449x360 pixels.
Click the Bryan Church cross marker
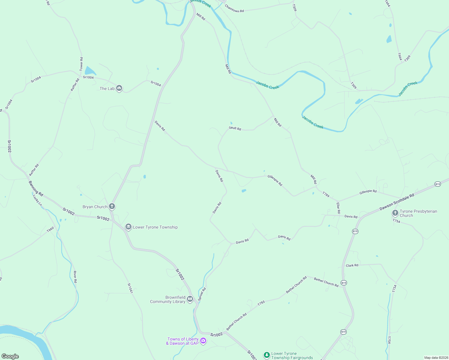point(112,206)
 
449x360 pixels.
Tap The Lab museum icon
point(119,88)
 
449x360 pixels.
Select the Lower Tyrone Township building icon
point(128,227)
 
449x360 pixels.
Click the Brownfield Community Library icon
point(190,299)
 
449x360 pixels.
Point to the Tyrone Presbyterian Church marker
point(395,213)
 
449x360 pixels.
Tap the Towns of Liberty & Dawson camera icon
point(203,340)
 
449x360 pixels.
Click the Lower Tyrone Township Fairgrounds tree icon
point(266,355)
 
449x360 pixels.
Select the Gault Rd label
point(235,128)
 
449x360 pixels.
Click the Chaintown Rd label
point(234,9)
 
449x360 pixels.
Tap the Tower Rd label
point(81,64)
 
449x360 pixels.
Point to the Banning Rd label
point(36,188)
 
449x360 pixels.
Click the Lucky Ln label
point(38,200)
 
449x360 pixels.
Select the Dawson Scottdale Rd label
point(397,202)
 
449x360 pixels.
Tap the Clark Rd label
point(352,265)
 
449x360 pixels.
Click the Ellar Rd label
point(338,208)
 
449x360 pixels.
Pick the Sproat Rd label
point(202,294)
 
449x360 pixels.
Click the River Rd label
point(75,277)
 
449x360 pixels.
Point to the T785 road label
point(261,303)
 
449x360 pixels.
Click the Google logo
point(10,356)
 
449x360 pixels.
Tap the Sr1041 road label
point(130,288)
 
